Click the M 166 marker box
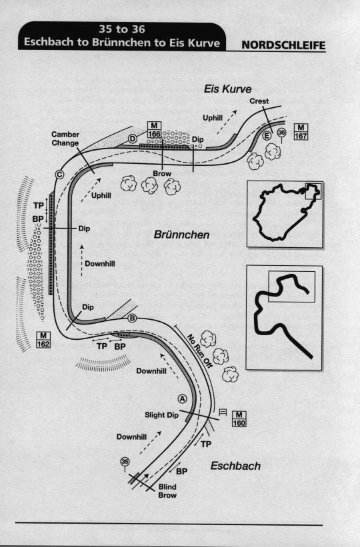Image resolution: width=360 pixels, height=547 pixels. (154, 130)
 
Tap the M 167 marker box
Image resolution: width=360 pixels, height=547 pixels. (301, 131)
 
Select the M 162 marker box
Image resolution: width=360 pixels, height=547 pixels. (43, 340)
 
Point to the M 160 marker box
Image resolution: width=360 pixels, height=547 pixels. (239, 418)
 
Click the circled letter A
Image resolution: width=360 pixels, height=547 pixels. (182, 398)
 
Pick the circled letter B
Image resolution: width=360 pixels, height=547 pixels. (132, 318)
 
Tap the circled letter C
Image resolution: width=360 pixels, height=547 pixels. (60, 175)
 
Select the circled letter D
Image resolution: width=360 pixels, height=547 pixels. (133, 139)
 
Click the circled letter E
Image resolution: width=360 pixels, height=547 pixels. (267, 136)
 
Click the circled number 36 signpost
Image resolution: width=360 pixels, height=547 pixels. (282, 135)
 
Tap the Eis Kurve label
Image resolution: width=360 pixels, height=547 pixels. (227, 89)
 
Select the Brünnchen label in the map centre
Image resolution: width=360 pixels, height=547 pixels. (181, 235)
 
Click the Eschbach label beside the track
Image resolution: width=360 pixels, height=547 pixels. (235, 466)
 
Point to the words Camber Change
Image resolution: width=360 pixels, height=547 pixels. (65, 139)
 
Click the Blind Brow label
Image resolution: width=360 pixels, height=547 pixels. (167, 491)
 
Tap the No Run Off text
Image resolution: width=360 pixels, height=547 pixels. (200, 351)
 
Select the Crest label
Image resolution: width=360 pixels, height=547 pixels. (259, 101)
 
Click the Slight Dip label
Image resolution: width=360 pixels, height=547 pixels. (162, 415)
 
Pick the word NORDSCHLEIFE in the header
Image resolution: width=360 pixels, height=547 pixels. (283, 45)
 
